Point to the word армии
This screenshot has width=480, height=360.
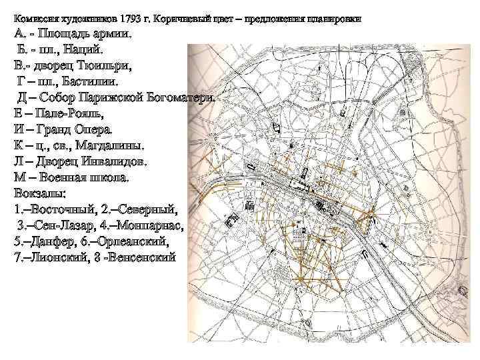[x=115, y=34]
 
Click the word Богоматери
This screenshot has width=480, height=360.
[x=176, y=99]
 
